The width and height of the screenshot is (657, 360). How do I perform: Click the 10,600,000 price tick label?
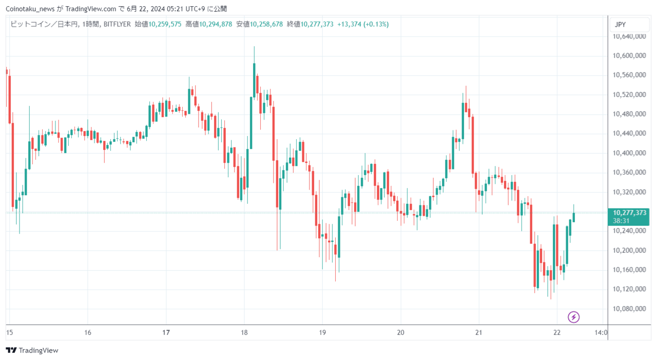point(629,55)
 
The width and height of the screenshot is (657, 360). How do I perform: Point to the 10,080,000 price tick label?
point(629,309)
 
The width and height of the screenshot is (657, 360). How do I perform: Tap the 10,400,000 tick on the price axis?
point(629,153)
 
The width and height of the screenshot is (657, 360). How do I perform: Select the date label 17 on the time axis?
point(166,332)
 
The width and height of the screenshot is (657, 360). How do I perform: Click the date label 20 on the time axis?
point(401,332)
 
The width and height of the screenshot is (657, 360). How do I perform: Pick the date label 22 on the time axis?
point(557,332)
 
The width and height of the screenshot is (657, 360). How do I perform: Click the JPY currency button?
point(629,24)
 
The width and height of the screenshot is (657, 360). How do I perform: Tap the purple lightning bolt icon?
point(574,317)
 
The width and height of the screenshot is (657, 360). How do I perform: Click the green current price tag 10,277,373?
point(629,213)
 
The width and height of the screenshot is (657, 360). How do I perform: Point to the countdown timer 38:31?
point(621,221)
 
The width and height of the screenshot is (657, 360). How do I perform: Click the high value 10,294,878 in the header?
point(216,24)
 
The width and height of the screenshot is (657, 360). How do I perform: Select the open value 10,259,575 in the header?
point(165,24)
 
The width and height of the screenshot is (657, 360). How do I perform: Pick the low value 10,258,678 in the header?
point(266,24)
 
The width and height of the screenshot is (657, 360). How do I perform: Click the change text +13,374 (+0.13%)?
point(363,24)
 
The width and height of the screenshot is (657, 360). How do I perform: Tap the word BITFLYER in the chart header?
point(118,24)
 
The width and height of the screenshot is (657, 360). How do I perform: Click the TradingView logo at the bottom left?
point(32,350)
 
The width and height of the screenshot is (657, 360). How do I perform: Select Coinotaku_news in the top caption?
point(30,9)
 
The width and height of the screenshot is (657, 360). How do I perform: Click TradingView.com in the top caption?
point(91,9)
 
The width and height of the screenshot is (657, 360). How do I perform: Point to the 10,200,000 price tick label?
point(629,250)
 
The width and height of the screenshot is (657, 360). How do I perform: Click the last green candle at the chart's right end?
point(574,217)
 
